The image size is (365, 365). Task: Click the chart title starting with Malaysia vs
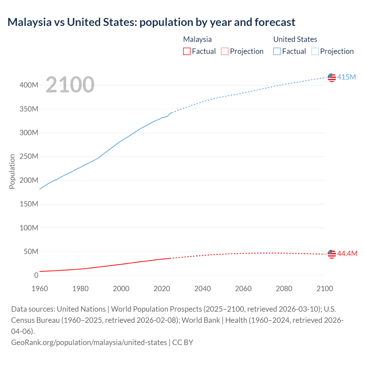pos(151,22)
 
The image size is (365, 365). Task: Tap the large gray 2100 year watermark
pos(70,85)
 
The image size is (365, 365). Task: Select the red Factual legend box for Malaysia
pos(187,51)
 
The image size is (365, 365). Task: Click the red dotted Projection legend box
pos(225,51)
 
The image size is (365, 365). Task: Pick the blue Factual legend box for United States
pos(277,51)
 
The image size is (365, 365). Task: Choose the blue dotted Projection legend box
pos(315,51)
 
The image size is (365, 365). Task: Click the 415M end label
pos(346,77)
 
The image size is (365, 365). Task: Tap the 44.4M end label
pos(347,254)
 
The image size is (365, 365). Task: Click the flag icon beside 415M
pos(332,77)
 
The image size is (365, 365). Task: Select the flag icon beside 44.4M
pos(332,254)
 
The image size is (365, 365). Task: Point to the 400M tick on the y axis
pos(29,85)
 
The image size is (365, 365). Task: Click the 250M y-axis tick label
pos(29,157)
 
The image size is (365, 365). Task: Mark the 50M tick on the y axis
pos(31,252)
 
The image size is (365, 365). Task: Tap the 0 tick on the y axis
pos(36,275)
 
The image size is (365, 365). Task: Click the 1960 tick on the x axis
pos(40,289)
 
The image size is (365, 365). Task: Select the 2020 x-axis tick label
pos(162,289)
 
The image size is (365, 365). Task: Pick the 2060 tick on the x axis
pos(243,289)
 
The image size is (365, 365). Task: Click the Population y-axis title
pos(12,171)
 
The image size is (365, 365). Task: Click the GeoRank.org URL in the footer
pos(89,342)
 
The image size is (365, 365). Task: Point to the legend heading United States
pos(295,39)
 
